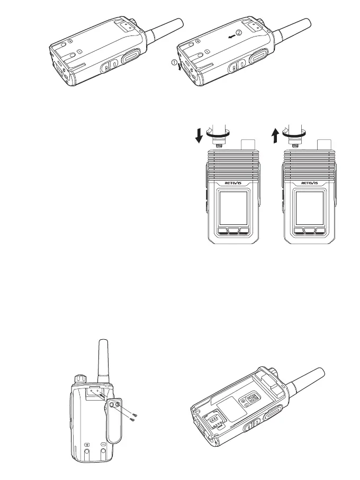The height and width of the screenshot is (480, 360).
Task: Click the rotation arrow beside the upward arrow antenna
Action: coord(295,135)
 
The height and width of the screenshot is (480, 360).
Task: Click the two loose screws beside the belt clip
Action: coord(134,416)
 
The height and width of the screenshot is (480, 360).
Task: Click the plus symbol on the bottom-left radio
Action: coord(87,445)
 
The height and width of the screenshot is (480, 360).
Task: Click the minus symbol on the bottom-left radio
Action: coord(103,445)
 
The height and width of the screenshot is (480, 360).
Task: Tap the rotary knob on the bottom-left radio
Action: coord(81,379)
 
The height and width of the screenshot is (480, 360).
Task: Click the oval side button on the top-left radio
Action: coord(129,57)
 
